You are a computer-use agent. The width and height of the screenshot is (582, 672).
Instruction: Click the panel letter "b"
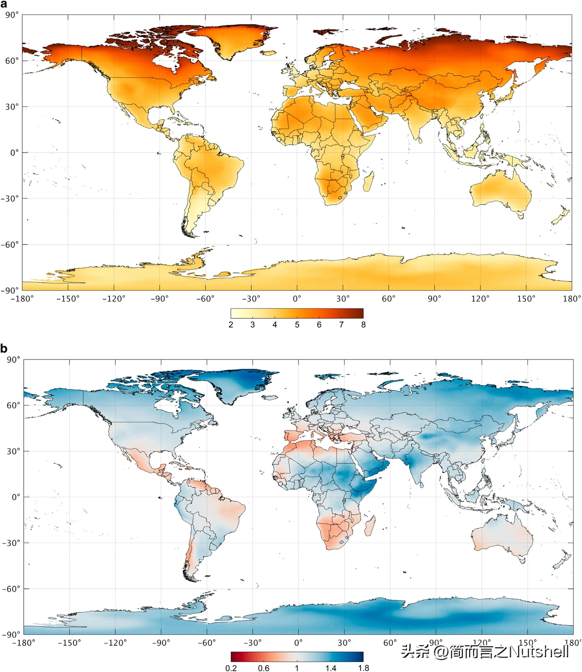(4, 349)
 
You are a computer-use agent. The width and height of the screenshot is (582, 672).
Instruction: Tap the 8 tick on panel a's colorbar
(363, 325)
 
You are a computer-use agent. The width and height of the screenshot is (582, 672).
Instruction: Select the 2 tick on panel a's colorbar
(231, 325)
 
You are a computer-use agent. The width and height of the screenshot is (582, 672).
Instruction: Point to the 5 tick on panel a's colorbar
(297, 325)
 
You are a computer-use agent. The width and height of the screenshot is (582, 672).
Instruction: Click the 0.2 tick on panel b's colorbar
(231, 668)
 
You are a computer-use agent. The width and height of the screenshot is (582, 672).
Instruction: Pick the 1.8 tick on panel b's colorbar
(363, 668)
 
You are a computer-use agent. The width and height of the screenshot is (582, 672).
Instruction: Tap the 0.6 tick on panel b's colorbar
(264, 668)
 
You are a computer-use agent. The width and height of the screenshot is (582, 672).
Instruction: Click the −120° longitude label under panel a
(114, 299)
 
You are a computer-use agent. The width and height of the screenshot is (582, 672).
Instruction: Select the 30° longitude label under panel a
(343, 299)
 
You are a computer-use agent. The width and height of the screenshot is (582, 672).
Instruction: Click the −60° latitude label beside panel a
(10, 244)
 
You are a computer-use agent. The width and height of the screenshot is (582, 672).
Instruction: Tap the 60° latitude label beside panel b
(13, 405)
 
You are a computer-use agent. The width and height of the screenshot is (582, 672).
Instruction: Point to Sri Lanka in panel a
(420, 140)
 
